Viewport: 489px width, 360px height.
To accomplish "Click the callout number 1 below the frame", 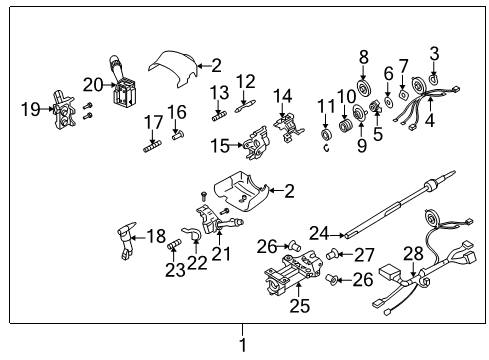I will pyautogui.click(x=241, y=343).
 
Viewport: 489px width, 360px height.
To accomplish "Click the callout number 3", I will pyautogui.click(x=434, y=53).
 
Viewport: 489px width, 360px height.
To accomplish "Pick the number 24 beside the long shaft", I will pyautogui.click(x=319, y=234).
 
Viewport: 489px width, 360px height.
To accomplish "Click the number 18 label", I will pyautogui.click(x=156, y=236).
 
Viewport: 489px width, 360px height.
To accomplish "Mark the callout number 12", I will pyautogui.click(x=246, y=81).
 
